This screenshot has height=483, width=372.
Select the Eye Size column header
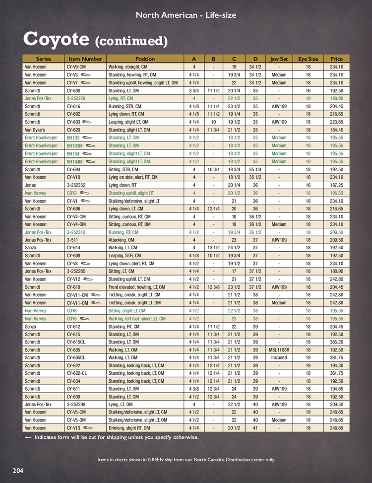pyautogui.click(x=308, y=59)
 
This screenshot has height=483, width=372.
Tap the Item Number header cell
pyautogui.click(x=85, y=59)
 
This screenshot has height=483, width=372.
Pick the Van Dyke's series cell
pyautogui.click(x=36, y=130)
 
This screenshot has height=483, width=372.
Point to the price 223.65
pyautogui.click(x=336, y=122)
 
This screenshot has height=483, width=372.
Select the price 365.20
pyautogui.click(x=336, y=342)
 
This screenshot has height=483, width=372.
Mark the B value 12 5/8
pyautogui.click(x=213, y=287)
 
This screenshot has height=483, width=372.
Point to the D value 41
pyautogui.click(x=255, y=428)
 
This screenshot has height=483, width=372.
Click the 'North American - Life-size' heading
pyautogui.click(x=186, y=15)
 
